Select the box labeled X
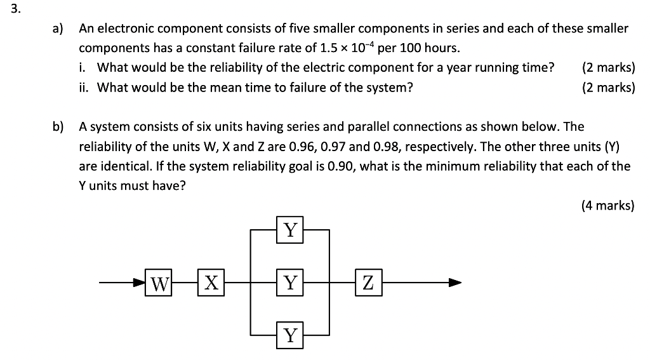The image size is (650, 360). [x=211, y=283]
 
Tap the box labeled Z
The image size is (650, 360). [x=368, y=283]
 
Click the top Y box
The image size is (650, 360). [x=290, y=229]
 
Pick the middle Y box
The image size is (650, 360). [x=290, y=283]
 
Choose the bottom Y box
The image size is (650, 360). [x=290, y=335]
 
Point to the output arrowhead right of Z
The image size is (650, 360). [x=454, y=283]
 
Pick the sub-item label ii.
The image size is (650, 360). [x=84, y=88]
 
